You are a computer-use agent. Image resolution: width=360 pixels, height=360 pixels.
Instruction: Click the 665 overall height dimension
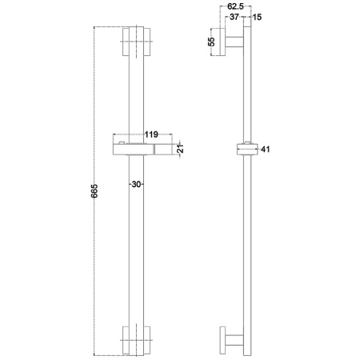click(x=94, y=190)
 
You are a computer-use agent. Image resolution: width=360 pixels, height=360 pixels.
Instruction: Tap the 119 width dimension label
click(x=151, y=134)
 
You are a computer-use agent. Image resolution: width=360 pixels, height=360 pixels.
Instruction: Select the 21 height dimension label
click(x=181, y=148)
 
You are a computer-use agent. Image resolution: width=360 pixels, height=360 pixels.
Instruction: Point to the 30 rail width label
click(x=136, y=184)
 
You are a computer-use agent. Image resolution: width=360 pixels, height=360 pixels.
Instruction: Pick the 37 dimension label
click(x=234, y=17)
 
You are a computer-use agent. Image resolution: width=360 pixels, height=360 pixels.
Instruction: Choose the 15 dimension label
click(x=257, y=17)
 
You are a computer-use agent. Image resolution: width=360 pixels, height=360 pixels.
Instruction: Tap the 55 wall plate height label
click(x=211, y=42)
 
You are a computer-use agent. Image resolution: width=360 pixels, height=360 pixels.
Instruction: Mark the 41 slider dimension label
click(x=266, y=150)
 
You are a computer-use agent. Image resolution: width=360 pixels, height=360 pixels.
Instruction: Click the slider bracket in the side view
click(x=247, y=149)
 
